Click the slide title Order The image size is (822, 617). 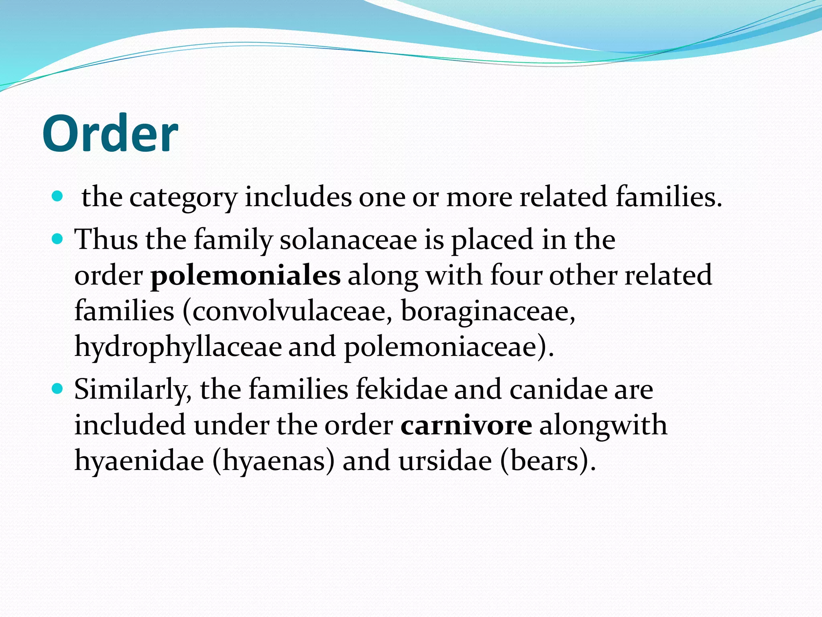point(110,133)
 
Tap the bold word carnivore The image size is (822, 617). point(466,425)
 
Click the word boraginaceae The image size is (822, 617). point(488,312)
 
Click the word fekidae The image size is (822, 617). point(401,390)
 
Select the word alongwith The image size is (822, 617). point(603,425)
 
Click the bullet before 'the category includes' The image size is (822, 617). point(58,196)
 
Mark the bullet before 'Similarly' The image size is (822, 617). point(58,389)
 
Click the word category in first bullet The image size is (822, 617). point(183,198)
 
